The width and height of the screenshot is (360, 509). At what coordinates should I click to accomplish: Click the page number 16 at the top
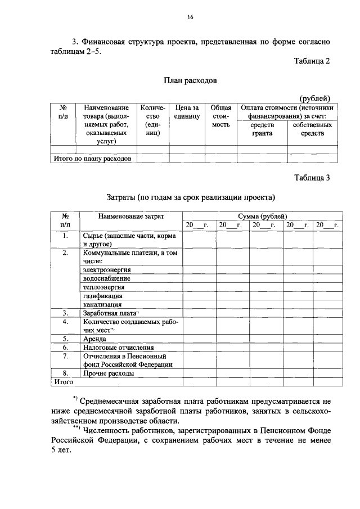(190, 18)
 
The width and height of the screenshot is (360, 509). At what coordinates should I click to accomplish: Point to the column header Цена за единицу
(187, 111)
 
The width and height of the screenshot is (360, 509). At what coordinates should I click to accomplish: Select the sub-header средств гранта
(262, 129)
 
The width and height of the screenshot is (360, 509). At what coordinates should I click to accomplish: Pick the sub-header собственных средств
(313, 129)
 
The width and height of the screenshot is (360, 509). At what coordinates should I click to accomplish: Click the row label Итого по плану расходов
(92, 159)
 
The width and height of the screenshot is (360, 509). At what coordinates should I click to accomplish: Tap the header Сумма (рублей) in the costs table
(262, 216)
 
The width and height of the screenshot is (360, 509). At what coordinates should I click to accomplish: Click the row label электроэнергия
(110, 270)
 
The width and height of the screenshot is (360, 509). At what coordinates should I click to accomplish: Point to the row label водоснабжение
(107, 278)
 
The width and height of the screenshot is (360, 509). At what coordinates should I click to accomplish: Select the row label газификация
(102, 296)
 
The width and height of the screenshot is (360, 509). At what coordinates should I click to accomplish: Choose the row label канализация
(102, 304)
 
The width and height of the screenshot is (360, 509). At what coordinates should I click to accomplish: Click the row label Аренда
(94, 339)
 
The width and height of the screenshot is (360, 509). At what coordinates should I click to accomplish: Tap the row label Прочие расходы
(109, 373)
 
